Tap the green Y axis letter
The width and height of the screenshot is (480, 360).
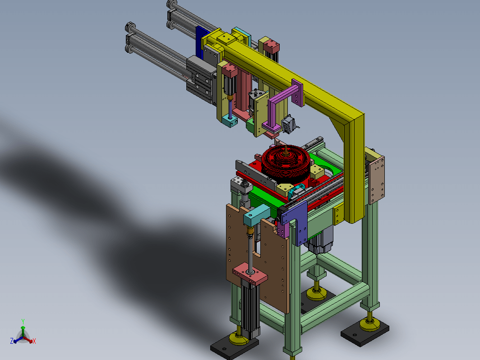tap(23, 321)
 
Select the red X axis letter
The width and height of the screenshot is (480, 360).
tap(34, 341)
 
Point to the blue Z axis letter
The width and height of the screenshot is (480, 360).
tap(12, 341)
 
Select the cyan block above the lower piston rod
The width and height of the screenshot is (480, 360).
tap(257, 215)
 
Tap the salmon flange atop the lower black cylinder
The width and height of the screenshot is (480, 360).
tap(250, 274)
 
